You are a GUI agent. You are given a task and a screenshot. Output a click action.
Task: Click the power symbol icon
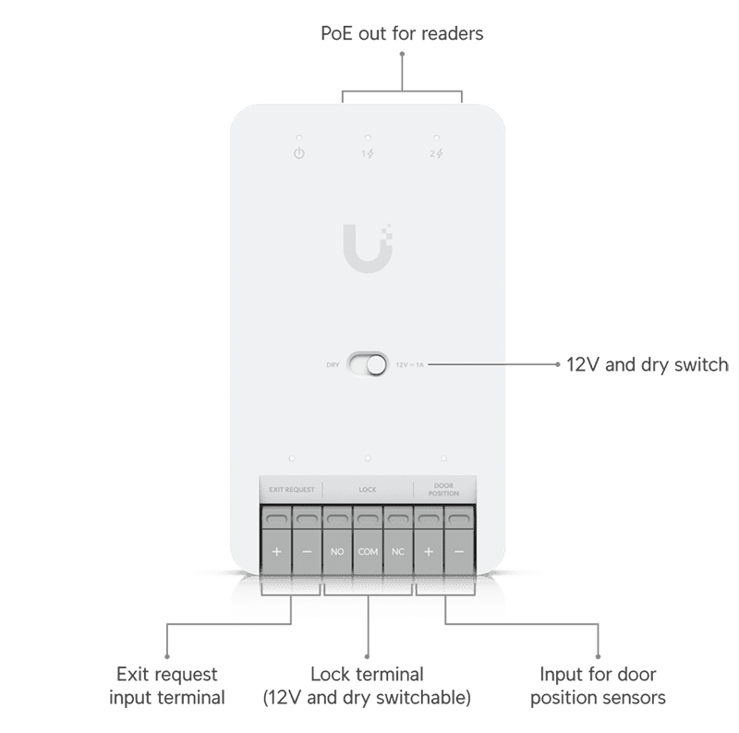(x=298, y=153)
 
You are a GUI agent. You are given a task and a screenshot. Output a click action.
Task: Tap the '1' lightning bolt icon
(x=369, y=153)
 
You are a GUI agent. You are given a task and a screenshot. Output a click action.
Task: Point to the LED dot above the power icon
(x=298, y=136)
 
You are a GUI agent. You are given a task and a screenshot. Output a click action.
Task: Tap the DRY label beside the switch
(x=333, y=365)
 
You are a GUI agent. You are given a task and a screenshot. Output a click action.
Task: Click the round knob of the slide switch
(x=375, y=364)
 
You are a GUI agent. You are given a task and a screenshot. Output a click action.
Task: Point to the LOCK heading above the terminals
(x=368, y=489)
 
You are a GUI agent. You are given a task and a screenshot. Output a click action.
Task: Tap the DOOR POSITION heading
(x=444, y=489)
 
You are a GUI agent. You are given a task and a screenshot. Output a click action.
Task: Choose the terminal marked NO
(x=337, y=552)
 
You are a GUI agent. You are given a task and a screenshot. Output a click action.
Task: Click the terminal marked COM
(x=368, y=552)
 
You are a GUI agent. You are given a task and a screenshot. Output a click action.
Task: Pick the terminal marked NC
(x=398, y=552)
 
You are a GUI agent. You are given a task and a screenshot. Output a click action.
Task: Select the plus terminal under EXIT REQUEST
(x=276, y=552)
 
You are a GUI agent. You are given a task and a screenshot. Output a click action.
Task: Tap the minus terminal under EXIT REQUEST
(x=307, y=552)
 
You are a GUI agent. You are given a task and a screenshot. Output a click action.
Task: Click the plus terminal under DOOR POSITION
(x=429, y=552)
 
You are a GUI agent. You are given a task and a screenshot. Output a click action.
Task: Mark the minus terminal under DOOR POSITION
(x=459, y=552)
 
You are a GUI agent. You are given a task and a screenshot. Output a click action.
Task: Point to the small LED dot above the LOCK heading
(x=368, y=458)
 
